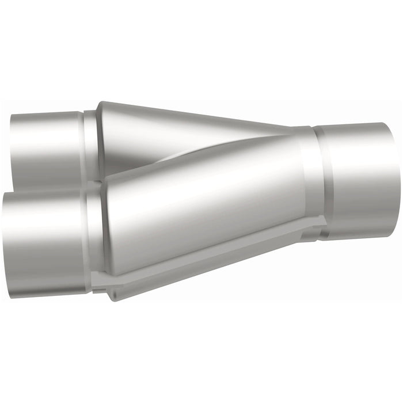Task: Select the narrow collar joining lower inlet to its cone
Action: coord(95,236)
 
